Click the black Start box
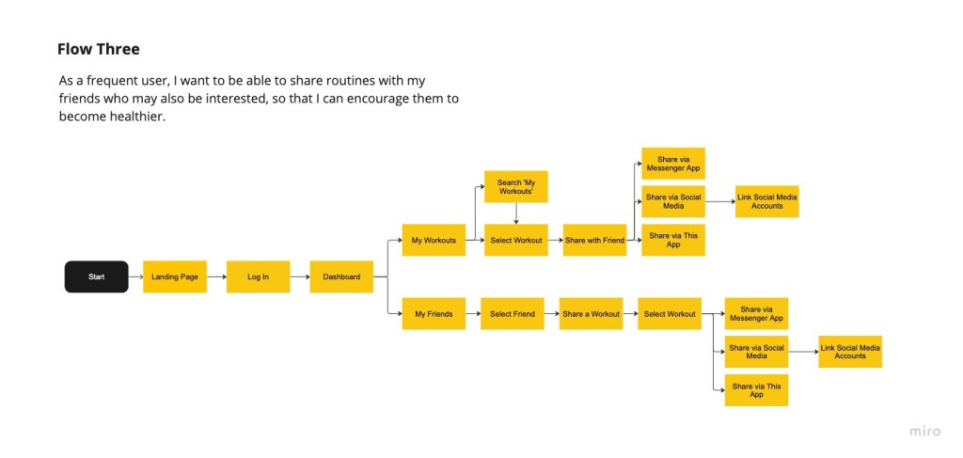pyautogui.click(x=96, y=276)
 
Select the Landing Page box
pyautogui.click(x=175, y=276)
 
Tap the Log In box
pyautogui.click(x=258, y=276)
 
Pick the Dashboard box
pyautogui.click(x=341, y=276)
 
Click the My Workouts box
pyautogui.click(x=434, y=240)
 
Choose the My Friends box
pyautogui.click(x=434, y=313)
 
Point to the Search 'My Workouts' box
pyautogui.click(x=515, y=186)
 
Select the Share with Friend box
pyautogui.click(x=594, y=240)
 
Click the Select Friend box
pyautogui.click(x=513, y=313)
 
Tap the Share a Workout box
pyautogui.click(x=591, y=313)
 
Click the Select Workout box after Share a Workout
pyautogui.click(x=670, y=313)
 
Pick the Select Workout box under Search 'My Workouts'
pyautogui.click(x=515, y=240)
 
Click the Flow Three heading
pyautogui.click(x=99, y=49)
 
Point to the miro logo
pyautogui.click(x=924, y=431)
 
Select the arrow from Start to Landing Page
pyautogui.click(x=135, y=276)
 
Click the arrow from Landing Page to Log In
pyautogui.click(x=216, y=276)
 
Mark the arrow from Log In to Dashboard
pyautogui.click(x=299, y=276)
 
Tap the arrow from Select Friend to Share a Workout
pyautogui.click(x=551, y=313)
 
